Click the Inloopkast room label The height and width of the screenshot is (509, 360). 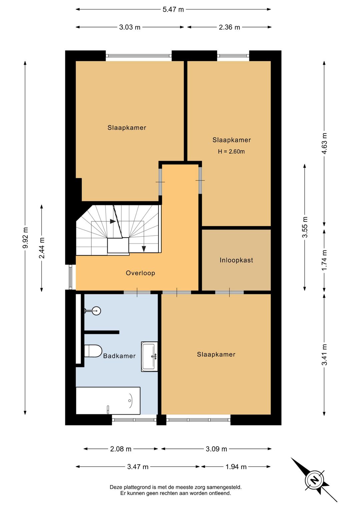[x=236, y=260]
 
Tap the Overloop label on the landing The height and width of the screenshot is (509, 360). [x=140, y=273]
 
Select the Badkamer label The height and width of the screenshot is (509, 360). [x=119, y=356]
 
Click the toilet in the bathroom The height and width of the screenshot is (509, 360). [x=93, y=351]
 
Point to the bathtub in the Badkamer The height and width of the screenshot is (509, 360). [x=108, y=401]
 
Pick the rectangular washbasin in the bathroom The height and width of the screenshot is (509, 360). [x=149, y=357]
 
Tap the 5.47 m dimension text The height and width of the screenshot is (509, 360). [x=173, y=10]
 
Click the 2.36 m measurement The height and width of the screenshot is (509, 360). [x=229, y=27]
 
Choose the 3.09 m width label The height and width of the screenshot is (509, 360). [x=216, y=449]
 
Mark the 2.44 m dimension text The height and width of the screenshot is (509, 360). [x=42, y=248]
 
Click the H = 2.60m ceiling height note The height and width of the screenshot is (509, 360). [x=231, y=151]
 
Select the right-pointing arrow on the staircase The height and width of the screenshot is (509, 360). [x=113, y=221]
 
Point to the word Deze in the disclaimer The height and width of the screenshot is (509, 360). [x=115, y=487]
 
